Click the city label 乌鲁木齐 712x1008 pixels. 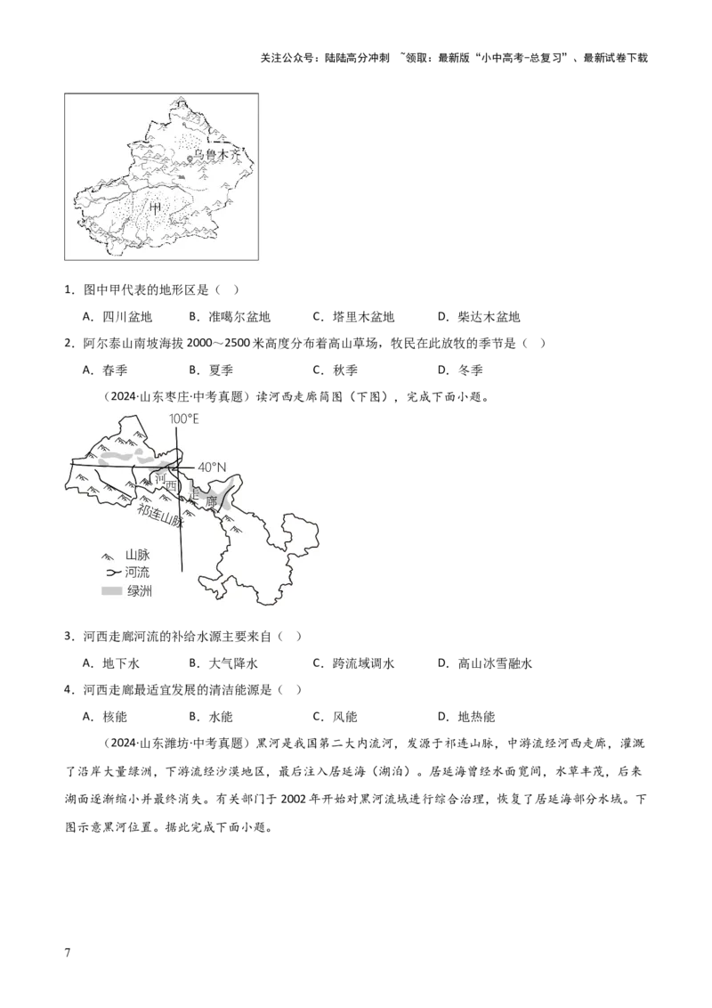click(218, 155)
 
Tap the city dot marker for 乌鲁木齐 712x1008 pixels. click(190, 159)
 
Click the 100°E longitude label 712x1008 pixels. click(184, 418)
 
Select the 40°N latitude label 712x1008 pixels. click(212, 466)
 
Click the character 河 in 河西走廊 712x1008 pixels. click(159, 480)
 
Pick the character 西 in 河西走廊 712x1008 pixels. click(173, 487)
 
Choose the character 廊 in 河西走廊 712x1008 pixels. click(211, 502)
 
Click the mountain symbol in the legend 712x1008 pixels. click(110, 555)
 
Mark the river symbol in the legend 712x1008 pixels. click(110, 573)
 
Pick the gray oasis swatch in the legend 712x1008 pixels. click(110, 591)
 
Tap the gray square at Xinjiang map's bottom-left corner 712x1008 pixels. click(61, 261)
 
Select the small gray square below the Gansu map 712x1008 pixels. click(267, 610)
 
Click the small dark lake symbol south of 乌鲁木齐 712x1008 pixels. click(182, 177)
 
